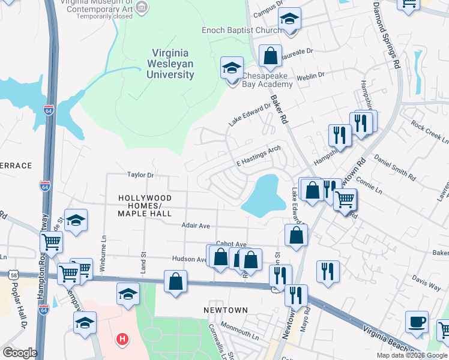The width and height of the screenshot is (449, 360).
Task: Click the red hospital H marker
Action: tap(122, 340)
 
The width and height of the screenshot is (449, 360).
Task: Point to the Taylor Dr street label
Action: tap(141, 175)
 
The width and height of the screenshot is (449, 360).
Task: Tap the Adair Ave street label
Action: tap(196, 226)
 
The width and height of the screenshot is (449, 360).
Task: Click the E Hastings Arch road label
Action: tap(258, 157)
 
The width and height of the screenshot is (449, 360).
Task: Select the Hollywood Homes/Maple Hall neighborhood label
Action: tap(145, 205)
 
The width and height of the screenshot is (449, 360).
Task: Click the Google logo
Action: tap(20, 353)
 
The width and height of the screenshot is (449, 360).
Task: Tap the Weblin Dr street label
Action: tap(310, 76)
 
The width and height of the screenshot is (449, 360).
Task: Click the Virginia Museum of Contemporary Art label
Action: tap(96, 7)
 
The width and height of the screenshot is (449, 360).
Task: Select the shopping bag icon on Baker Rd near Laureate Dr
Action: tap(270, 56)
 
